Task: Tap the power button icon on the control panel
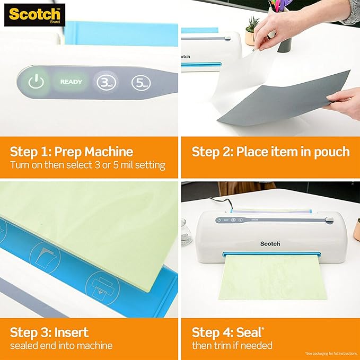tap(35, 82)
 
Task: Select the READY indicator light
tap(71, 82)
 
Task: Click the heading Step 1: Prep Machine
tap(71, 152)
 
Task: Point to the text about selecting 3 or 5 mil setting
tap(87, 165)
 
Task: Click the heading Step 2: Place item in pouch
tap(270, 152)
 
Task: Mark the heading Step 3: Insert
tap(49, 332)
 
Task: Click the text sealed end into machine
tap(61, 346)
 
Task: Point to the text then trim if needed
tap(232, 346)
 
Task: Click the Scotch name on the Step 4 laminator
tap(270, 243)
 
